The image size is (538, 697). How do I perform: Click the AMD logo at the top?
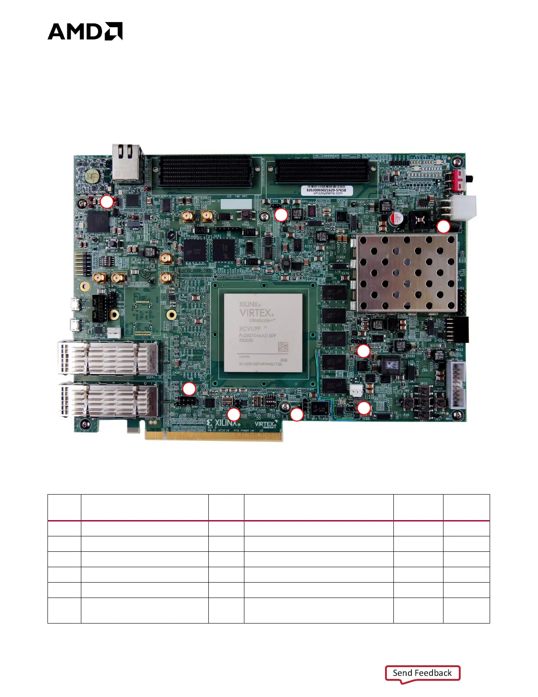pos(85,31)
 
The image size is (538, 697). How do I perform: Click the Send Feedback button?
pos(422,673)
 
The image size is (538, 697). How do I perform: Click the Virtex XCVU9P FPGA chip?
pos(263,332)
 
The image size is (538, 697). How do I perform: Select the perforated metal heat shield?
pos(407,273)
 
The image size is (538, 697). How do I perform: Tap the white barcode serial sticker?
pos(326,191)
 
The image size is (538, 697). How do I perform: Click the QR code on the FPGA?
pos(283,347)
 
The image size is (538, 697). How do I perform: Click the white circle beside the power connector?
pos(443,227)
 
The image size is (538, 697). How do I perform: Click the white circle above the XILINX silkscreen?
pos(233,414)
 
